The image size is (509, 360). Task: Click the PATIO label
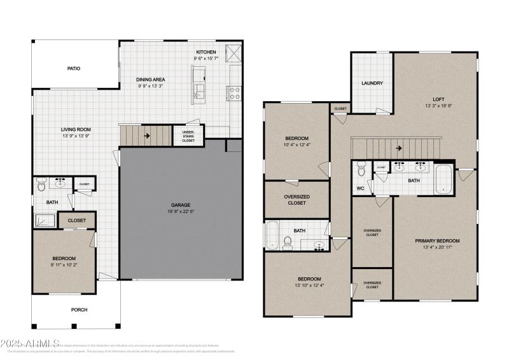point(74,68)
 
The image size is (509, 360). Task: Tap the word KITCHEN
point(206,52)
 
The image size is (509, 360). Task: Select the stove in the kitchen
point(234,93)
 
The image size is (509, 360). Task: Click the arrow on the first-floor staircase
point(146,135)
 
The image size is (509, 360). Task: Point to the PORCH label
point(79,310)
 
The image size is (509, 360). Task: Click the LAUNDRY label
point(372,83)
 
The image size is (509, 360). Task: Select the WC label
point(360,188)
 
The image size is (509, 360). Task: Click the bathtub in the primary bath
point(443,179)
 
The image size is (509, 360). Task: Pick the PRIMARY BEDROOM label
point(437,240)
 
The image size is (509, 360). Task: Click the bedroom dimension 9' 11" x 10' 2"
point(64,265)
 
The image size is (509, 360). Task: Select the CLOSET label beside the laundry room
point(340,109)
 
